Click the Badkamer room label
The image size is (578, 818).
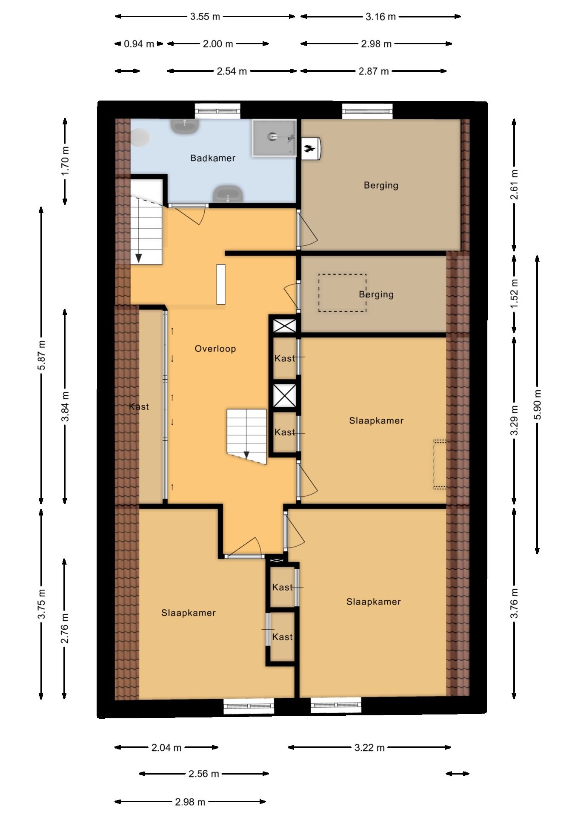point(213,158)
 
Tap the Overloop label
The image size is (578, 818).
point(215,349)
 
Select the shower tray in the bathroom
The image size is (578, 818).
point(274,138)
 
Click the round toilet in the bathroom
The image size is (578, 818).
point(140,138)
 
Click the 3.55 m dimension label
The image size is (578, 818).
point(205,17)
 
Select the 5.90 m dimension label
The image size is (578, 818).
point(538,404)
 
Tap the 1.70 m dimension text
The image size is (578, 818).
point(65,161)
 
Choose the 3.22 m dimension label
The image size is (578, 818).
point(369,748)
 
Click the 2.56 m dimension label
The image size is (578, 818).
point(204,774)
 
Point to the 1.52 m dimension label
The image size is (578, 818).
point(515,294)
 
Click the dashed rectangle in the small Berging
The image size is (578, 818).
point(342,293)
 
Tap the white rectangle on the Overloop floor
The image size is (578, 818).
point(221,284)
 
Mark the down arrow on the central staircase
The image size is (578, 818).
point(246,455)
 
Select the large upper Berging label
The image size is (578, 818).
point(381,185)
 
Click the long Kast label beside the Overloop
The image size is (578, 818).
point(139,407)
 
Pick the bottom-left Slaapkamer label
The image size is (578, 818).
point(189,613)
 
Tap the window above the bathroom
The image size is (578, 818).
point(217,111)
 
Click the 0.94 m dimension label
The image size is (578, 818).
point(139,44)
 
